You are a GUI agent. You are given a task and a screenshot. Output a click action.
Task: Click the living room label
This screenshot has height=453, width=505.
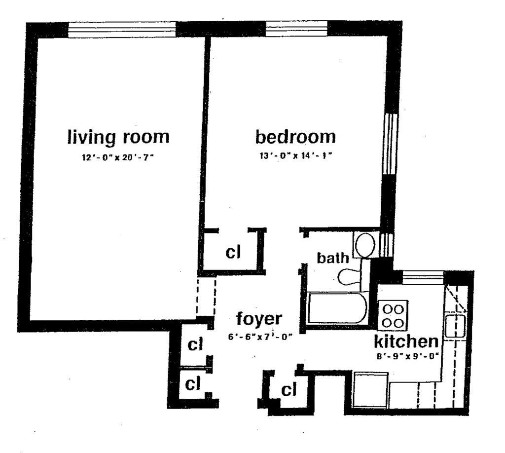(x=118, y=137)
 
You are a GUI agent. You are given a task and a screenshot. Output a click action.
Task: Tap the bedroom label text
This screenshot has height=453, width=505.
(x=295, y=137)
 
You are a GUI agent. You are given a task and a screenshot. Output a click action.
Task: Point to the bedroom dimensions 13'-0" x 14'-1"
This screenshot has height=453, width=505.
(x=296, y=156)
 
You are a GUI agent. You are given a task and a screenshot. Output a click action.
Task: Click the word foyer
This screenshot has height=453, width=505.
(x=259, y=319)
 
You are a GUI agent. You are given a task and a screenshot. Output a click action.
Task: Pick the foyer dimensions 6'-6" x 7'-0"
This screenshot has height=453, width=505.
(x=260, y=337)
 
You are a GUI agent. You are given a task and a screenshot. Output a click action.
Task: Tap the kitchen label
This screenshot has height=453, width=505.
(x=406, y=341)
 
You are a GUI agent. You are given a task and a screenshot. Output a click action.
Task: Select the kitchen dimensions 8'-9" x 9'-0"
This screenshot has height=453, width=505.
(x=408, y=356)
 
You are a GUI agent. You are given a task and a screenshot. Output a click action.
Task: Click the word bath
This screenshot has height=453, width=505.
(x=333, y=258)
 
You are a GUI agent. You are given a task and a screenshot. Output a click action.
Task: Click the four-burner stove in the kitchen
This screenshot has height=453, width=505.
(x=393, y=315)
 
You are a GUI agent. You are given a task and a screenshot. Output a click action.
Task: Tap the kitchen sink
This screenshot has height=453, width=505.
(x=455, y=326)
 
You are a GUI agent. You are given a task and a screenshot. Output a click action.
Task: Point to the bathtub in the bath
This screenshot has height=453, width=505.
(x=337, y=308)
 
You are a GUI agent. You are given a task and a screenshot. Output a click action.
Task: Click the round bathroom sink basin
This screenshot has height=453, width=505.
(x=365, y=245)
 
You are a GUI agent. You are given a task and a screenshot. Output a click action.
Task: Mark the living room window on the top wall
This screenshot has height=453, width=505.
(x=122, y=30)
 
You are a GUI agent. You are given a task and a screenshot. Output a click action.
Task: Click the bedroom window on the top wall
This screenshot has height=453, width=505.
(x=296, y=28)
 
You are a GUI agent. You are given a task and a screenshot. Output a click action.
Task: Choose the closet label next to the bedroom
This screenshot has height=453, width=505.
(x=233, y=252)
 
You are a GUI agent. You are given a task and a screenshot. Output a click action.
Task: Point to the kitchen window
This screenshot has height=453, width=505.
(x=423, y=278)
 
